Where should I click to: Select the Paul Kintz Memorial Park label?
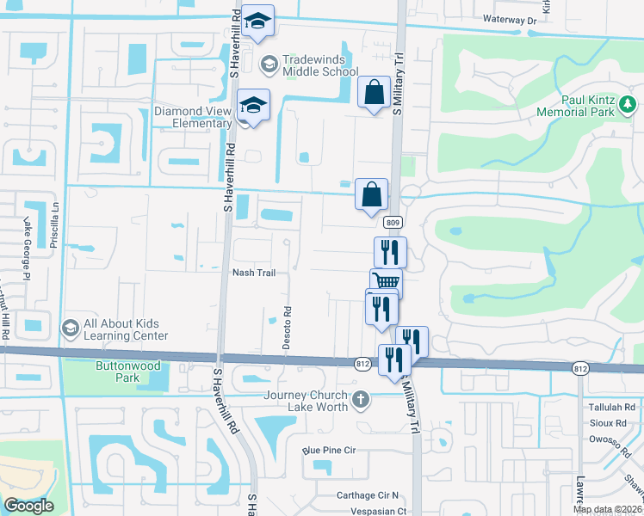pos(574,106)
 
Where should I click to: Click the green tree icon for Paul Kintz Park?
pos(629,107)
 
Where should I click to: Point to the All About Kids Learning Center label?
pos(127,329)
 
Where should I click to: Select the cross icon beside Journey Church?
pos(362,399)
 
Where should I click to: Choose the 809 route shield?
pos(392,223)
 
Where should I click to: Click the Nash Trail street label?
pos(254,273)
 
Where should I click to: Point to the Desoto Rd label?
pos(288,322)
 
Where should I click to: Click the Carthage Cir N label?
pos(369,496)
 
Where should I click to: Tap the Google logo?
pos(28,506)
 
